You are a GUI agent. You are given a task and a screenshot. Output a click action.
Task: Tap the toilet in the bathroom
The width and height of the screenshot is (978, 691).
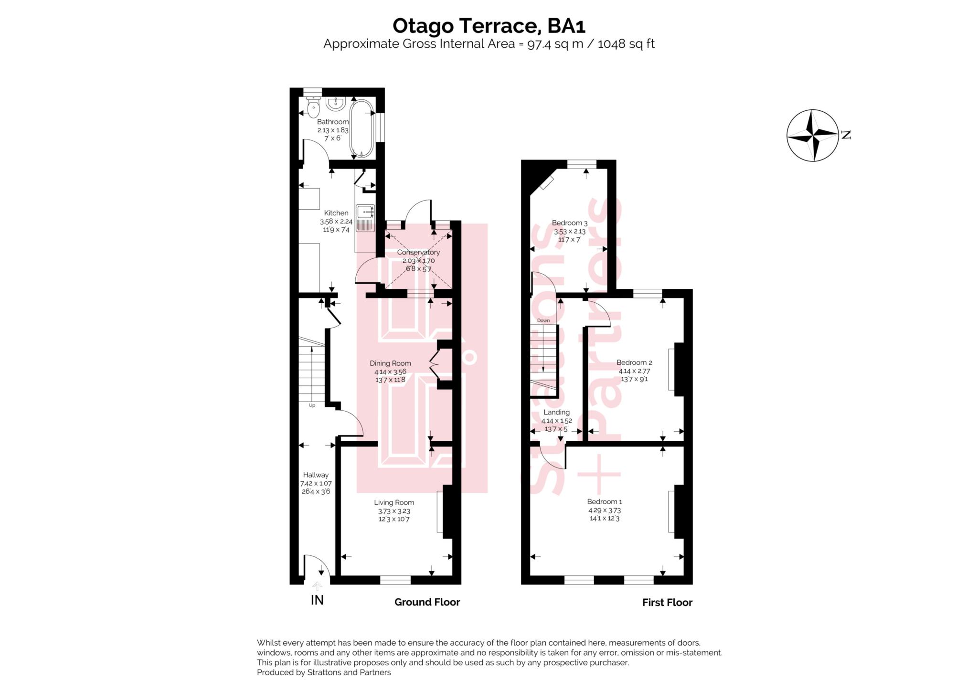coord(313,108)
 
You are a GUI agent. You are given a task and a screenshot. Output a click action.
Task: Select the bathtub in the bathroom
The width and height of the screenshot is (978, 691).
coord(361,128)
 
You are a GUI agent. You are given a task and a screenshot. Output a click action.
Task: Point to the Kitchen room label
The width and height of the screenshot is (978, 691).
coord(336,213)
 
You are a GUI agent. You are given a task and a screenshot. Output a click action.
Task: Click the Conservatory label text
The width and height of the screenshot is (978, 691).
coord(418,252)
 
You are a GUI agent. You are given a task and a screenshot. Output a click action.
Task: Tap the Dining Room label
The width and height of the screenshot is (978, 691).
coord(390,363)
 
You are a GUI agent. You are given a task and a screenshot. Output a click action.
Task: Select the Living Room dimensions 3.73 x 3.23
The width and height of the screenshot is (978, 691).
coord(394,511)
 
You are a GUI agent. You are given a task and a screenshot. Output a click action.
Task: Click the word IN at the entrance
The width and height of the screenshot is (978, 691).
coord(317,600)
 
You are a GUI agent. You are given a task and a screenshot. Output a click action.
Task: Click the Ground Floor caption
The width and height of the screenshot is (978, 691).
coord(427,602)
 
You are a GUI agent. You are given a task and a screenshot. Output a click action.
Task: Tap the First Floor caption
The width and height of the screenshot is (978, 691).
coord(667,603)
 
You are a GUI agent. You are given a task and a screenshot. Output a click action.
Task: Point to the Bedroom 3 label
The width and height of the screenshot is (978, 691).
coord(569,223)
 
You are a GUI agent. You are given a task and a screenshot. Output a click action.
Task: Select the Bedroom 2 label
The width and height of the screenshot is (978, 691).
coord(634,362)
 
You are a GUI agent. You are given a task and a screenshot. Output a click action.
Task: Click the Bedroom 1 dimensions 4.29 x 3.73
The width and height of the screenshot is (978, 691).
coord(605,510)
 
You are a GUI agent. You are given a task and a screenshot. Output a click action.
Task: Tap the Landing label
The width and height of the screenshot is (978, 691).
coord(556,412)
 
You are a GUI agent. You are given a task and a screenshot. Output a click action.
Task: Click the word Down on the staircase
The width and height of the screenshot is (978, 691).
coord(543,320)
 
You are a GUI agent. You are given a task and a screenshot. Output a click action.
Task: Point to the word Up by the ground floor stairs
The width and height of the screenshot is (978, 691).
coord(312,405)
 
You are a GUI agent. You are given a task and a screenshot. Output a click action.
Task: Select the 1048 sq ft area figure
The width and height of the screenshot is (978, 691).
coord(626,44)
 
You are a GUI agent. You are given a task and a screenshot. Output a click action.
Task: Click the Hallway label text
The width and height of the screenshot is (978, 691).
coord(316,475)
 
